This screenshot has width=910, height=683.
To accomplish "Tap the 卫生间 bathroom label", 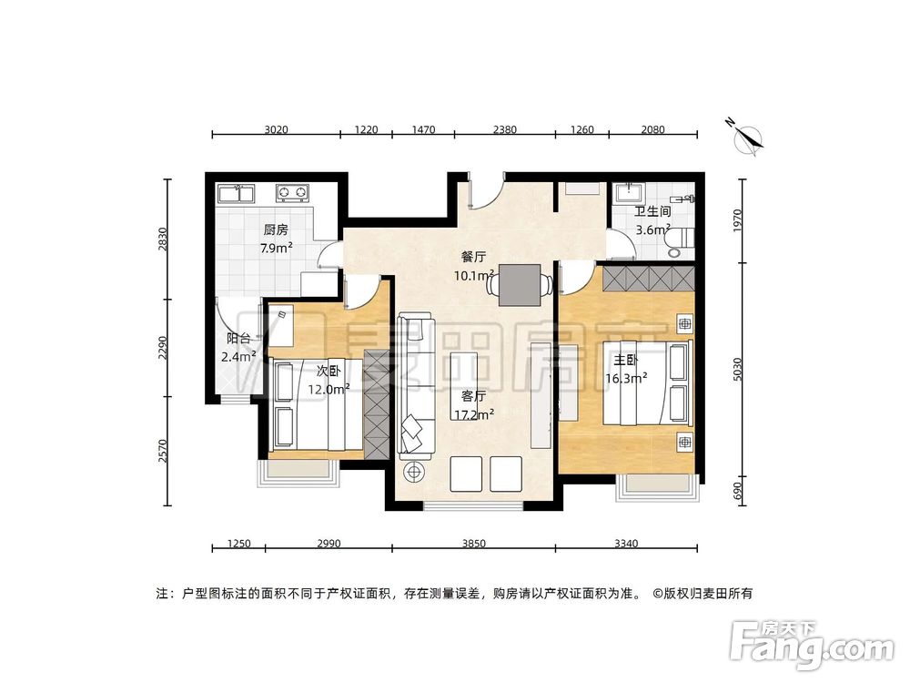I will pos(652,211).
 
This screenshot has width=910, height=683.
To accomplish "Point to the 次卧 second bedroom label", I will pos(329,371).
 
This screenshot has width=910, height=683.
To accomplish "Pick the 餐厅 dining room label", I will pos(473,257).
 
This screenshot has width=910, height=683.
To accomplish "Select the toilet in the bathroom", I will pos(679,239).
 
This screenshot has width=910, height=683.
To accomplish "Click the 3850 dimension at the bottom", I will pos(473,544).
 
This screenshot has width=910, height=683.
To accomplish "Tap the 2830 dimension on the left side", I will pos(163,239).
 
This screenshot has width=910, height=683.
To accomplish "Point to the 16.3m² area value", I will pos(626,376).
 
